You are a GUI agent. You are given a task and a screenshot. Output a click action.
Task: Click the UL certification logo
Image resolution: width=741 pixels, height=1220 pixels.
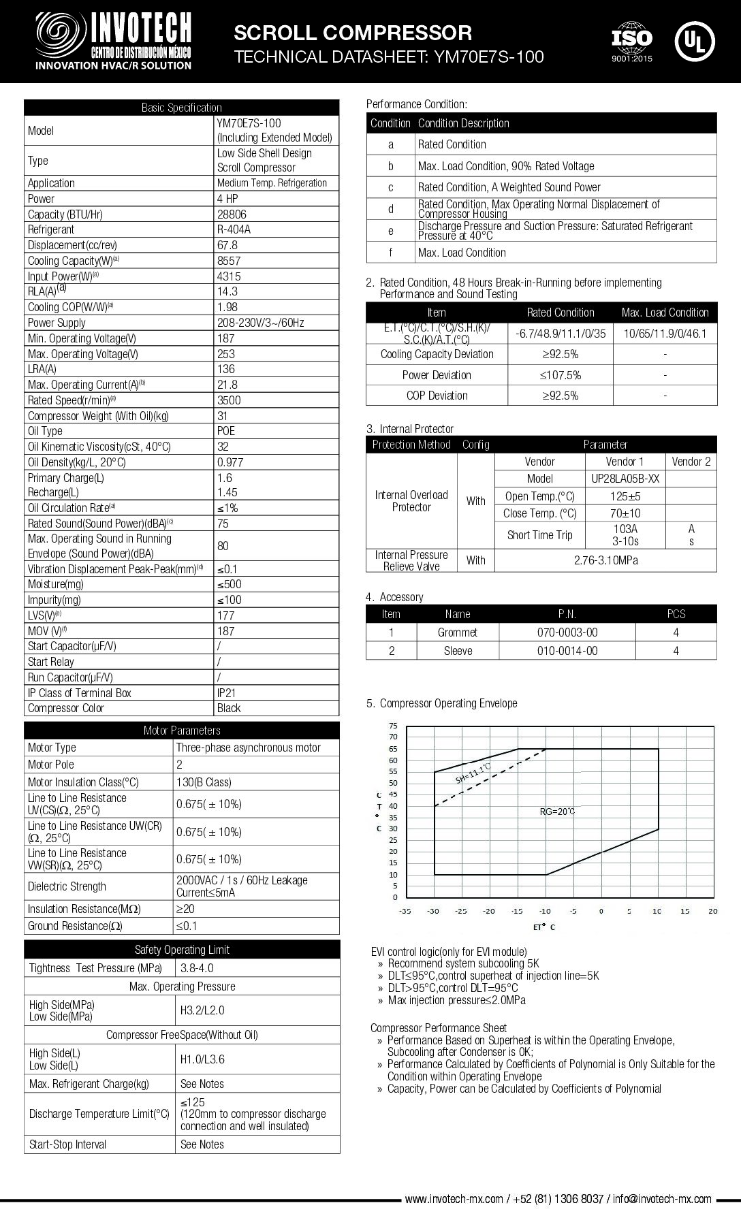[x=694, y=41]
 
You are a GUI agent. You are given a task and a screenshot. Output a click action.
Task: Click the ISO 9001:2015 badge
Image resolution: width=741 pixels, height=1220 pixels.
[x=631, y=42]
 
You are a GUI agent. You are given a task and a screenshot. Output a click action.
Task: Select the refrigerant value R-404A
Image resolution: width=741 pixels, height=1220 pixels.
[x=234, y=229]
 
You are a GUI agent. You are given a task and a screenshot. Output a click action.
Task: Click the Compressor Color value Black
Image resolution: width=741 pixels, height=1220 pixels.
[x=229, y=708]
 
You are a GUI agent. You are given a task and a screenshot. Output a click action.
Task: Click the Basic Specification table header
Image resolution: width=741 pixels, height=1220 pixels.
[x=181, y=108]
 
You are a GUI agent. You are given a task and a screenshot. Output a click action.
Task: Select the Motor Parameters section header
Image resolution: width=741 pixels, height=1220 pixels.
[x=181, y=731]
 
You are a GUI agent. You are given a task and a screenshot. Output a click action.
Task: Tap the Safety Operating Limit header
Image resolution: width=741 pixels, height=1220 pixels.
[x=182, y=950]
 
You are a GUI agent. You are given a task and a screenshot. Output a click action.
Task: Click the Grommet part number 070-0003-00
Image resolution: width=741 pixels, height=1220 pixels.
[x=567, y=632]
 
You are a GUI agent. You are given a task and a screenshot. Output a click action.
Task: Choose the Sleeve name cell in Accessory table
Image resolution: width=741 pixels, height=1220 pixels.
[x=458, y=651]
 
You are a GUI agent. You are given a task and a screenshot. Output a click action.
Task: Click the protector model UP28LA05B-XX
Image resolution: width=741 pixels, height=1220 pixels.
[x=625, y=479]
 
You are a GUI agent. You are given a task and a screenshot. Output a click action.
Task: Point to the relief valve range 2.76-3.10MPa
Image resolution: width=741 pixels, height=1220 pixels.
[x=605, y=560]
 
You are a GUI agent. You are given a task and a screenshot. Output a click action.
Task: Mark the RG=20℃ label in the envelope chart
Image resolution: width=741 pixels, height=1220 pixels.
[x=557, y=812]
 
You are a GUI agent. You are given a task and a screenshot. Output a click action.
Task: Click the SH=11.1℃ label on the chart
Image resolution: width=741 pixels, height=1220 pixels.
[x=473, y=774]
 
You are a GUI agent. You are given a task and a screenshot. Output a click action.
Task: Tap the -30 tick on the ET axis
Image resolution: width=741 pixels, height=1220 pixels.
[x=433, y=911]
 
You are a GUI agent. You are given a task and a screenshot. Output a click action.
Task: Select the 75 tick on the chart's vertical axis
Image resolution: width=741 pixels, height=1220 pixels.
[x=393, y=726]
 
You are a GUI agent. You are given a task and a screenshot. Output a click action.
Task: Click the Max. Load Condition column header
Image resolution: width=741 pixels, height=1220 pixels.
[x=665, y=312]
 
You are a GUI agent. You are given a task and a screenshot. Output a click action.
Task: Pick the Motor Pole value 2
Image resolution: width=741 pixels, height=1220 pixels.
[x=180, y=765]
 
